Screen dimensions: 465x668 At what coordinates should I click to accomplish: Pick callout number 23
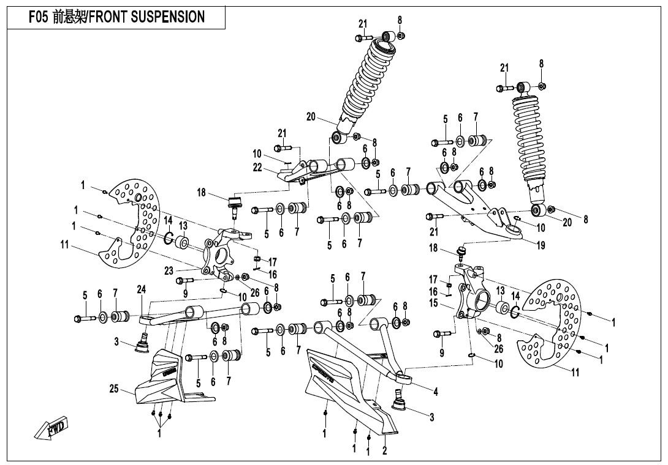click(x=169, y=270)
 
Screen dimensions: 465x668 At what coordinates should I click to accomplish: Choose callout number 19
click(x=541, y=247)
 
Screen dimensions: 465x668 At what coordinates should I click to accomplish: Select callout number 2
click(x=384, y=452)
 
